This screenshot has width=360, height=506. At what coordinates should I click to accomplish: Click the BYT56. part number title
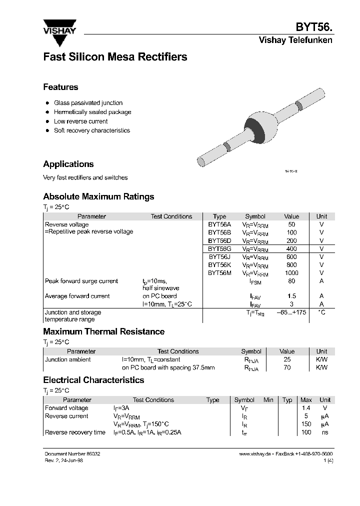[313, 27]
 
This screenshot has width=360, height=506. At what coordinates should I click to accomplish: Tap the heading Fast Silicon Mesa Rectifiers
[115, 57]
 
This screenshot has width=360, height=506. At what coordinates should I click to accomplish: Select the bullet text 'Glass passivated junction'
[88, 103]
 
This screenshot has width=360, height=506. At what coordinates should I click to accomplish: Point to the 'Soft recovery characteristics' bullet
[91, 130]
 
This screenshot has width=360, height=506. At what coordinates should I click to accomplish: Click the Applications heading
[68, 164]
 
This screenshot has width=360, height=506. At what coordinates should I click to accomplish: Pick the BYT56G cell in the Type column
[219, 248]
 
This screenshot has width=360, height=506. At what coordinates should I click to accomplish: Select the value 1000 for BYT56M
[291, 273]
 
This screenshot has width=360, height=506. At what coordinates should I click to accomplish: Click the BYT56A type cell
[219, 224]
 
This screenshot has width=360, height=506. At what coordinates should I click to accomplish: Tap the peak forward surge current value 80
[291, 281]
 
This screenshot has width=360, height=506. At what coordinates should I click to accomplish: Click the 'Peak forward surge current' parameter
[81, 281]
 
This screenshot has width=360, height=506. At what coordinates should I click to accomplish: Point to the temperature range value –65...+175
[291, 312]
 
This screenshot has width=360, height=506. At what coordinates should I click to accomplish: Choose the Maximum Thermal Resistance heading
[103, 331]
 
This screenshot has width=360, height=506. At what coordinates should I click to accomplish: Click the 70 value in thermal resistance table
[287, 367]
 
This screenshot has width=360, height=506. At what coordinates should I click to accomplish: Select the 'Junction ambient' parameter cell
[68, 359]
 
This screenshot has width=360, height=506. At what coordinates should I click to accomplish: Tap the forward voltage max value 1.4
[305, 408]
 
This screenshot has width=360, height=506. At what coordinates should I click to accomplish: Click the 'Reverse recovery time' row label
[75, 432]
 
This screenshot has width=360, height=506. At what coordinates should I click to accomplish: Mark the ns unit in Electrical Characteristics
[324, 432]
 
